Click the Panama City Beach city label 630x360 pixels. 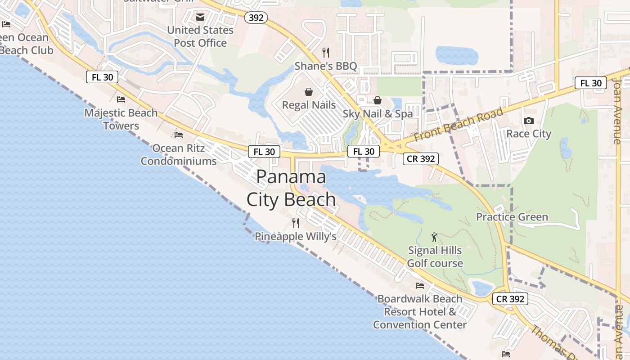pyautogui.click(x=292, y=188)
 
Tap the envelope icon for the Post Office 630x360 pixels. pyautogui.click(x=200, y=17)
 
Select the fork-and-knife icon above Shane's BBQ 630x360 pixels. pyautogui.click(x=326, y=53)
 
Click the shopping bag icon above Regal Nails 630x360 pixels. pyautogui.click(x=309, y=92)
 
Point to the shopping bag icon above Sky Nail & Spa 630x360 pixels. pyautogui.click(x=378, y=100)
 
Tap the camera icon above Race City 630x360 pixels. pyautogui.click(x=529, y=121)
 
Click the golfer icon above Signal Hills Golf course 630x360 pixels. pyautogui.click(x=434, y=237)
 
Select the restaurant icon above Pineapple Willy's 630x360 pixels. pyautogui.click(x=296, y=223)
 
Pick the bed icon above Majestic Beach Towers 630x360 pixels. pyautogui.click(x=121, y=99)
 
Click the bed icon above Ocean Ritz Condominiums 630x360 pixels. pyautogui.click(x=179, y=135)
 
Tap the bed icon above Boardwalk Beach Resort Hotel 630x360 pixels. pyautogui.click(x=420, y=285)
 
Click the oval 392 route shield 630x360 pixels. pyautogui.click(x=256, y=18)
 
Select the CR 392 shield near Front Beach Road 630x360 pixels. pyautogui.click(x=420, y=159)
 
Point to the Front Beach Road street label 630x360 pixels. pyautogui.click(x=459, y=125)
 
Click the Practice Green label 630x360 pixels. pyautogui.click(x=512, y=217)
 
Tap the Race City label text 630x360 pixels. pyautogui.click(x=529, y=134)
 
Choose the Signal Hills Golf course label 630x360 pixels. pyautogui.click(x=435, y=256)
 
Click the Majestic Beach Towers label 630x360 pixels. pyautogui.click(x=121, y=119)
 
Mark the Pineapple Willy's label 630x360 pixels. pyautogui.click(x=296, y=236)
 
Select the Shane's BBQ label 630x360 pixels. pyautogui.click(x=326, y=66)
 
